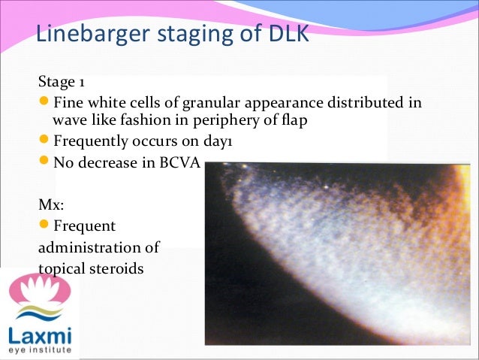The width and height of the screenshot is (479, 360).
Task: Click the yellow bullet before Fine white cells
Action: [x=44, y=101]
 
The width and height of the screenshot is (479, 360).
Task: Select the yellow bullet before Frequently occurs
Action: [x=44, y=141]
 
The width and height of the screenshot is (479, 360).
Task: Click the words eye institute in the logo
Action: [x=38, y=350]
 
